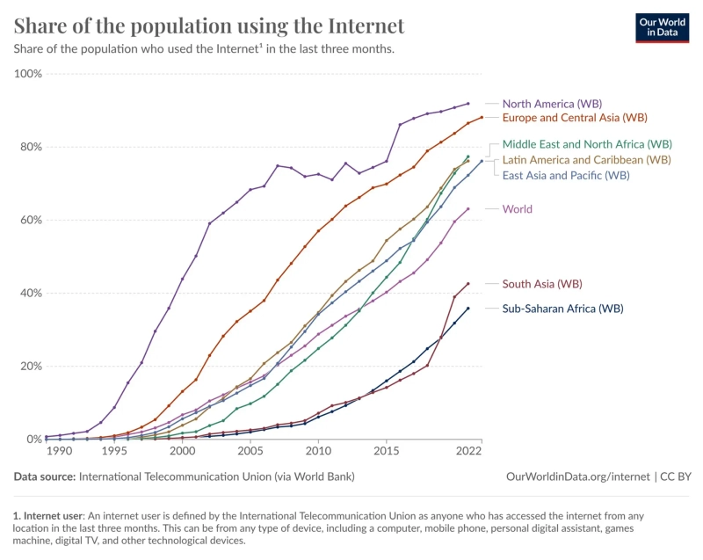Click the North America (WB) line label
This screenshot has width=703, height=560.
click(x=551, y=104)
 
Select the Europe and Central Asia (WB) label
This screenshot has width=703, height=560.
click(x=575, y=118)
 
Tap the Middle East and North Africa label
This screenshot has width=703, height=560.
click(x=587, y=143)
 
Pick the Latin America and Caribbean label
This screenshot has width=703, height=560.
click(x=586, y=160)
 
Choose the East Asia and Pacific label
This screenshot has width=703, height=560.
click(x=565, y=176)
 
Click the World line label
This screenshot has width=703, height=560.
click(x=517, y=209)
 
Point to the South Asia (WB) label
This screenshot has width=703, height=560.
click(x=542, y=284)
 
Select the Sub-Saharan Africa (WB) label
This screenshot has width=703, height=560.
click(x=562, y=309)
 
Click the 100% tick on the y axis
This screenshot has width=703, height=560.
click(x=28, y=74)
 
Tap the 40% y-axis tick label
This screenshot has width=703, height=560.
click(x=31, y=294)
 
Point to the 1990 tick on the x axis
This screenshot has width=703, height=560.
click(x=59, y=451)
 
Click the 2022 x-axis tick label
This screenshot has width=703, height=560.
click(x=468, y=451)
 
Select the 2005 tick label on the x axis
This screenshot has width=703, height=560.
click(x=250, y=451)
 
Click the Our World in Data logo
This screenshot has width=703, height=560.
click(x=662, y=27)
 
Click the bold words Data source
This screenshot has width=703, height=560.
click(x=44, y=476)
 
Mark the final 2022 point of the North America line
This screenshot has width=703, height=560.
click(x=467, y=104)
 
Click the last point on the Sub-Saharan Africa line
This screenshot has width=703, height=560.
click(x=467, y=309)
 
